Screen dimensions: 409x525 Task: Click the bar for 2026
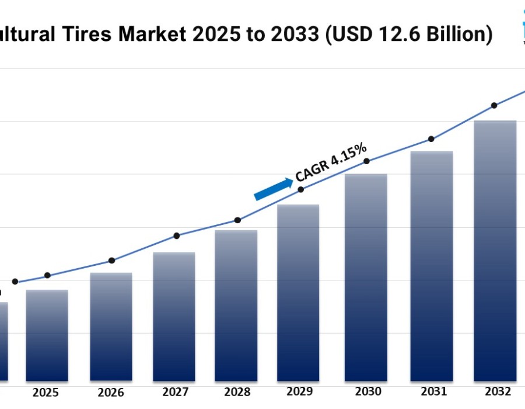click(x=111, y=327)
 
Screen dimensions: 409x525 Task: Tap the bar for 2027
click(x=173, y=316)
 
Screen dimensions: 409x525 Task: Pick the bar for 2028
click(x=236, y=305)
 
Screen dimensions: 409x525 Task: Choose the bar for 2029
click(x=298, y=292)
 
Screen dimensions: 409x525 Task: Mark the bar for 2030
click(x=366, y=277)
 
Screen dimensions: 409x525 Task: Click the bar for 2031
click(x=432, y=266)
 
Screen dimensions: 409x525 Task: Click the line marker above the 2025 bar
click(x=47, y=275)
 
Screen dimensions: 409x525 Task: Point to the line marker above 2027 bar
click(x=177, y=235)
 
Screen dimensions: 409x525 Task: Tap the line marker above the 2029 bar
click(x=301, y=189)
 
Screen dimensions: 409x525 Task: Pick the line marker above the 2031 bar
click(x=431, y=139)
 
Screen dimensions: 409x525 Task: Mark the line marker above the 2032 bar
click(x=494, y=106)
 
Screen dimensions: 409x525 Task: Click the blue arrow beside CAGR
click(x=273, y=189)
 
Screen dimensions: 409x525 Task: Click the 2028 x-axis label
click(x=236, y=391)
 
